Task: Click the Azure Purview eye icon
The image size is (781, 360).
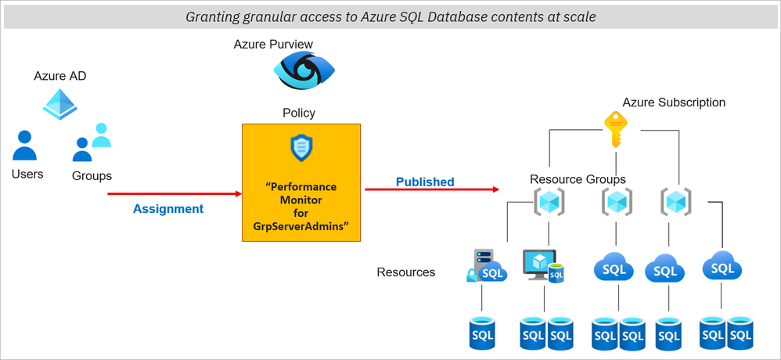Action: (x=298, y=71)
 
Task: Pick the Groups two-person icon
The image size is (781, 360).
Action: (x=92, y=142)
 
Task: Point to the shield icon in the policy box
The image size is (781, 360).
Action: (x=301, y=148)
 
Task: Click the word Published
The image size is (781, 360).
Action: (x=425, y=182)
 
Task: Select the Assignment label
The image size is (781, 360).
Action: (x=168, y=209)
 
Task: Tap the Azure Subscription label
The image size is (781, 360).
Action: (x=674, y=103)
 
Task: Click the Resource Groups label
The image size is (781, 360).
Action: (x=578, y=179)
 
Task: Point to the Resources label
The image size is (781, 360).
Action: (x=406, y=272)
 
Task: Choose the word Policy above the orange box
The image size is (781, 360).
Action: (x=299, y=113)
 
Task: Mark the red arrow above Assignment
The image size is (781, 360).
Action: (x=174, y=193)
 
